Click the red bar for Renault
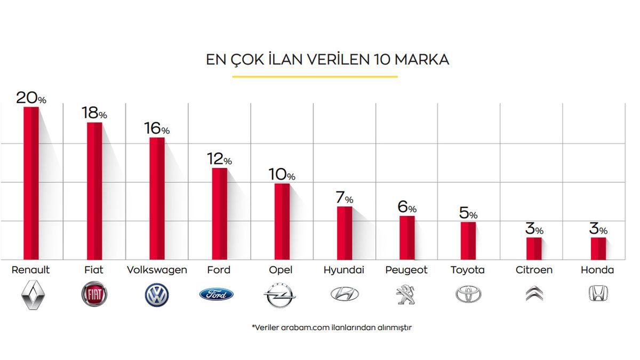(x=31, y=183)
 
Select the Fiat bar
(x=94, y=191)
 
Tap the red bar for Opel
(x=282, y=221)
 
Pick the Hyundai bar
(x=345, y=233)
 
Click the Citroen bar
(x=534, y=249)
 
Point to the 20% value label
(x=31, y=98)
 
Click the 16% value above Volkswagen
(x=157, y=129)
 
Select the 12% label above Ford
(x=219, y=159)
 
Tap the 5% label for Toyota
(x=468, y=213)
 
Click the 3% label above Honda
(x=598, y=229)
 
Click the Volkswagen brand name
(x=157, y=270)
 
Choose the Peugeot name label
(x=406, y=270)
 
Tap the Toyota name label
(x=468, y=270)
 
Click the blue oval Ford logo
(x=217, y=294)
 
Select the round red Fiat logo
(x=94, y=294)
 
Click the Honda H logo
(x=599, y=293)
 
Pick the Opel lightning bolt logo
(x=280, y=294)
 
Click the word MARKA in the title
(x=422, y=60)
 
